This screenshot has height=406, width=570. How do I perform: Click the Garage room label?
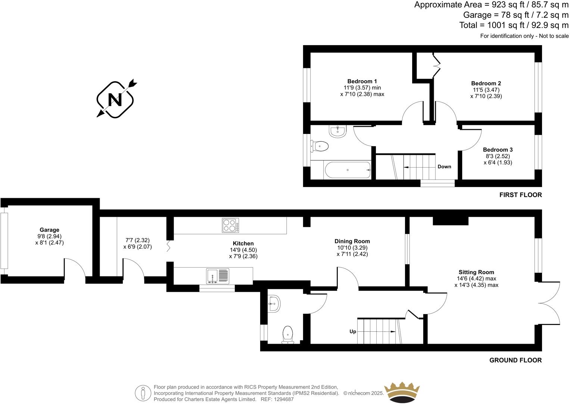[x=50, y=230]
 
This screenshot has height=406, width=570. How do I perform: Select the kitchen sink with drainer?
[x=218, y=276]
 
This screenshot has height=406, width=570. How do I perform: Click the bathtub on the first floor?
[x=348, y=170]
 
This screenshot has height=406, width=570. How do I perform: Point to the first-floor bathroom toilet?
[x=320, y=146]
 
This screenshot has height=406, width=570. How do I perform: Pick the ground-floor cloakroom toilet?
[x=288, y=334]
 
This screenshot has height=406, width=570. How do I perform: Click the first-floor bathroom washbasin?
[x=338, y=131]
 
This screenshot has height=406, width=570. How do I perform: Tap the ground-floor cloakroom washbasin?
[x=274, y=303]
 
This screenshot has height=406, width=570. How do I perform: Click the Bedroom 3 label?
[x=498, y=150]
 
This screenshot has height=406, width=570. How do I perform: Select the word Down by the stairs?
[x=444, y=167]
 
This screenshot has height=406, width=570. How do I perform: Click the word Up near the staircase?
[x=353, y=331]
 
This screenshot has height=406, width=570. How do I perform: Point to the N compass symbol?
[x=115, y=99]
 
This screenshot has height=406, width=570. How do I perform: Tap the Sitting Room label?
[x=476, y=272]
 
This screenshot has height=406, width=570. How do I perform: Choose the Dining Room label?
[x=352, y=241]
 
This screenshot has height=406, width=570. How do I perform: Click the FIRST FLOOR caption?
[x=520, y=195]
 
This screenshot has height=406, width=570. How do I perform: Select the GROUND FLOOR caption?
[x=515, y=360]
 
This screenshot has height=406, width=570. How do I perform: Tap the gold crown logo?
[x=402, y=392]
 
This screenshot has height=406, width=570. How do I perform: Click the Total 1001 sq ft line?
[x=514, y=25]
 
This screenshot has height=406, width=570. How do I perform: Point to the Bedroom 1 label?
[x=362, y=81]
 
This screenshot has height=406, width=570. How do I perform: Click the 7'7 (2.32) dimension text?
[x=137, y=240]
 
